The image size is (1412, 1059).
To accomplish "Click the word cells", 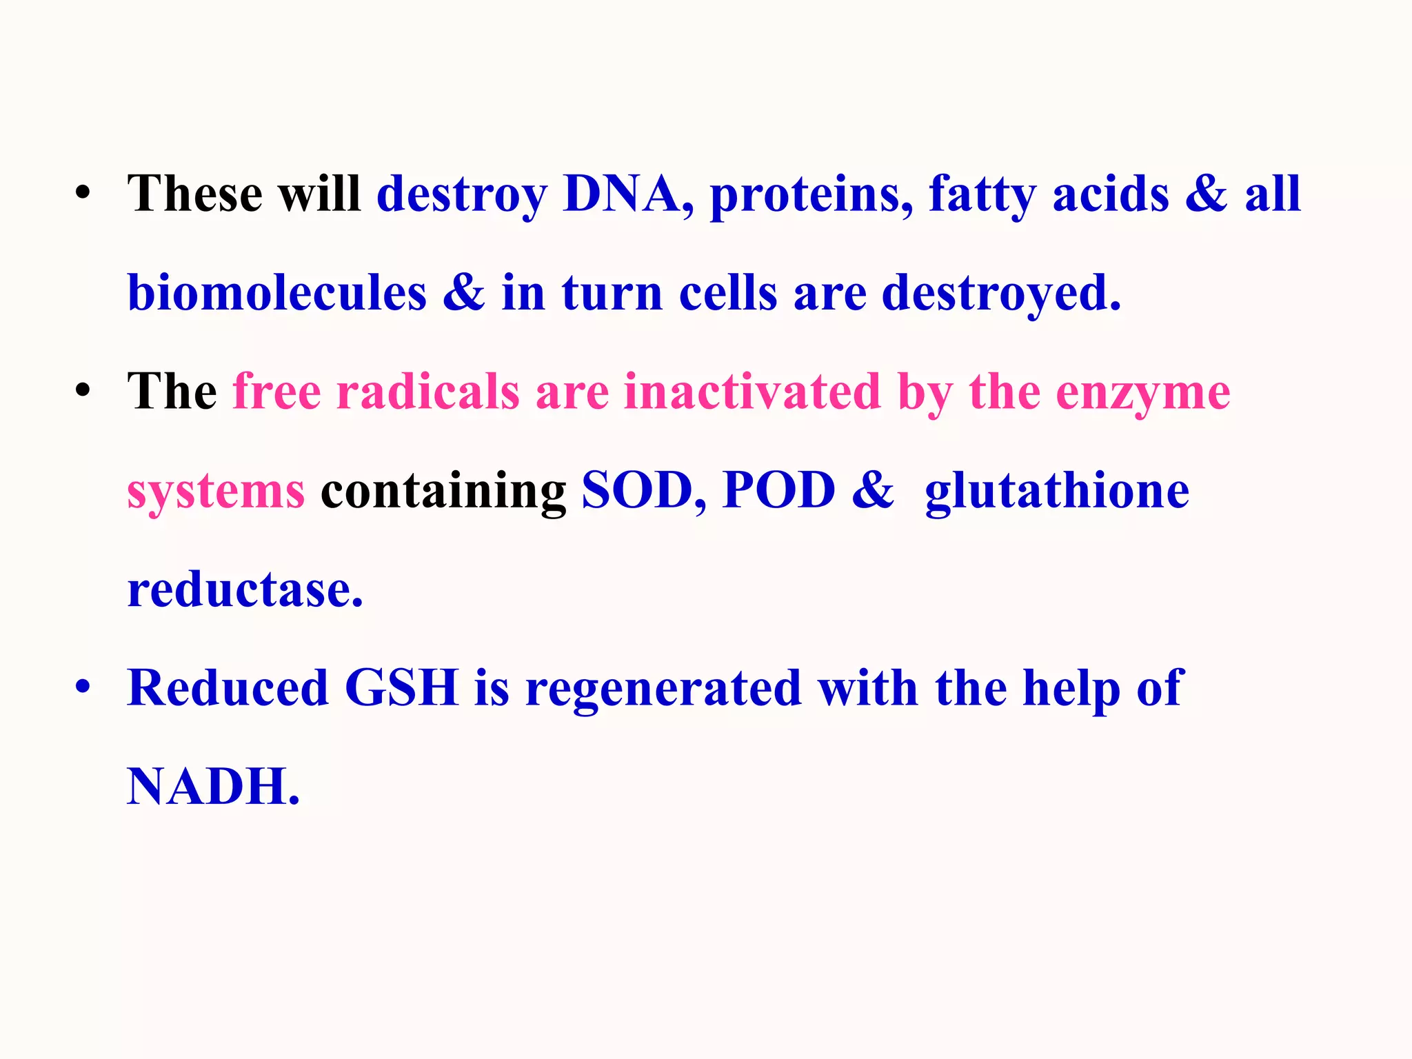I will (728, 293).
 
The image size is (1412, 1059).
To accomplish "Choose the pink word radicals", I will (427, 392).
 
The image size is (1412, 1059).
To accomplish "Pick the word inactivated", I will (752, 392).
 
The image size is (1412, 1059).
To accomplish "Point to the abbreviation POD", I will (778, 491).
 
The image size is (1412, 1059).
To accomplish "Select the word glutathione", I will (1057, 491).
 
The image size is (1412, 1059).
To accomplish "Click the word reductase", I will (245, 590).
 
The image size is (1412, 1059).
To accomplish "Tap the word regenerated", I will (663, 689).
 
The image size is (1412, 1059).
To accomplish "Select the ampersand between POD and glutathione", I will (873, 491).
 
